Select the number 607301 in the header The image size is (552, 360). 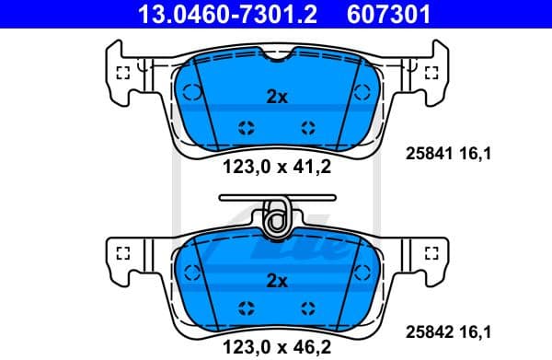pyautogui.click(x=388, y=15)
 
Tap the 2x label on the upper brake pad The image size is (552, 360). pyautogui.click(x=276, y=97)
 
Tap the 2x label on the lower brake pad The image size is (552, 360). pyautogui.click(x=276, y=280)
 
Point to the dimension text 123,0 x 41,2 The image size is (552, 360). pyautogui.click(x=275, y=167)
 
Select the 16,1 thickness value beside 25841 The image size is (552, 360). pyautogui.click(x=477, y=154)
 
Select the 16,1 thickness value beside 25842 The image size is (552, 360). pyautogui.click(x=477, y=333)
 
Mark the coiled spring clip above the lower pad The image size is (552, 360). pyautogui.click(x=274, y=217)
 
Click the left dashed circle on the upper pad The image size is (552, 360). pyautogui.click(x=191, y=92)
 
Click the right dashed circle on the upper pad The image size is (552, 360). pyautogui.click(x=361, y=92)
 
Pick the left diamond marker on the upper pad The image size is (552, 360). pyautogui.click(x=246, y=128)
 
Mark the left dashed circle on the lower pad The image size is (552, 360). pyautogui.click(x=191, y=272)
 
